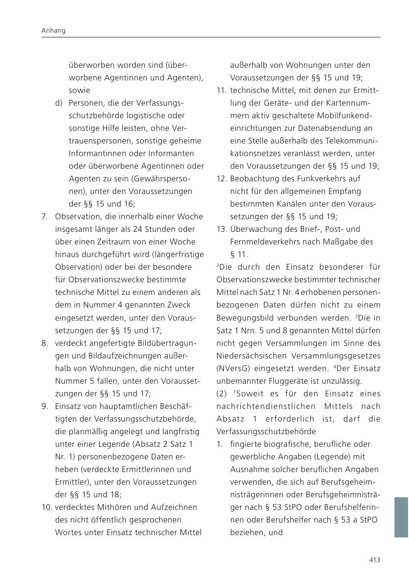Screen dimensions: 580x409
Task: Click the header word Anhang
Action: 53,30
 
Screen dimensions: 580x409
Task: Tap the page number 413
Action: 374,560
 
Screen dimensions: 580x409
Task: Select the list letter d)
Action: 58,103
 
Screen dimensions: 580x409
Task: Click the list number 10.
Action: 46,507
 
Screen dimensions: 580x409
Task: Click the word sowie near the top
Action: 79,90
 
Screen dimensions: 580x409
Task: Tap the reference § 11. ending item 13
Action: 239,255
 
